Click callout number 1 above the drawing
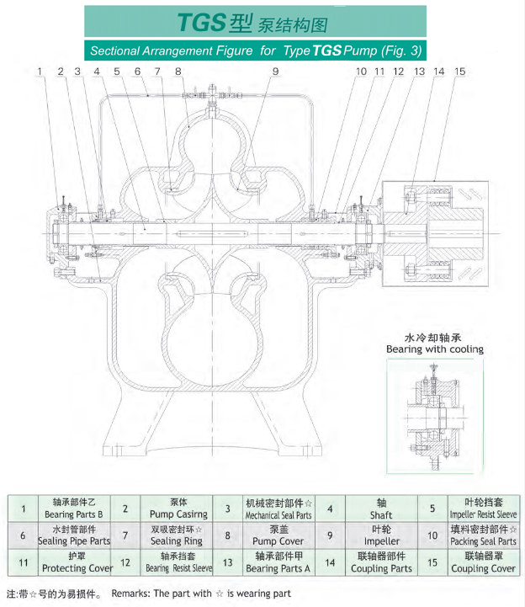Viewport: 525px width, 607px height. point(40,72)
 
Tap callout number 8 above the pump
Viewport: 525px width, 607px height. point(178,72)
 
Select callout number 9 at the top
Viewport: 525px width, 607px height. point(274,72)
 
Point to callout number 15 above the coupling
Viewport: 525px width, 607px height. point(459,72)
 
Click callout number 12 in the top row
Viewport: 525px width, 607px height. point(398,72)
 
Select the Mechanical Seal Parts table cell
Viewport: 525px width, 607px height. point(278,508)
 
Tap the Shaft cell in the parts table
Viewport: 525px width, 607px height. point(381,508)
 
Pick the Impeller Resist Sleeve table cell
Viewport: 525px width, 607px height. point(484,508)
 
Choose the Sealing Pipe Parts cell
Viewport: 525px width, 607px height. point(77,535)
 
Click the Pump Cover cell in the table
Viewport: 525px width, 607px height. point(279,535)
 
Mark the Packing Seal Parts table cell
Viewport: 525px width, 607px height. point(483,535)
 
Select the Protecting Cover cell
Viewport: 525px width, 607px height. point(77,562)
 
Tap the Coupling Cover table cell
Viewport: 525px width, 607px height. point(483,562)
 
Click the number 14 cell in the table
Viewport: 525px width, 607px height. point(331,562)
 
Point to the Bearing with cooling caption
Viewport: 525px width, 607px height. point(434,349)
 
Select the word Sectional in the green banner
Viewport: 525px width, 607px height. point(118,51)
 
